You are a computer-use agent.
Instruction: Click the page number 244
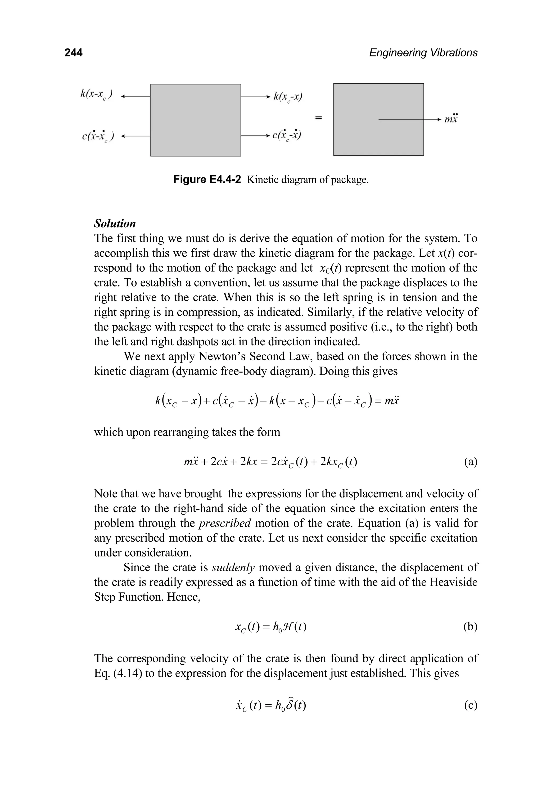[74, 53]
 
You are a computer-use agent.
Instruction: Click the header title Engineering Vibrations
[423, 53]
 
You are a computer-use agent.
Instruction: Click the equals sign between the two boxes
[318, 118]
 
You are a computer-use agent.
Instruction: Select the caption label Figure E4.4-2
[207, 180]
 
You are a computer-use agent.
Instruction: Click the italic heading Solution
[115, 224]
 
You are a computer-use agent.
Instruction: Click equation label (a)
[471, 461]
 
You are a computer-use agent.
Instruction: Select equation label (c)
[471, 705]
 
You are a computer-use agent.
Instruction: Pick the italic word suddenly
[233, 568]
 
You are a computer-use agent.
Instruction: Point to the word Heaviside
[453, 582]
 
